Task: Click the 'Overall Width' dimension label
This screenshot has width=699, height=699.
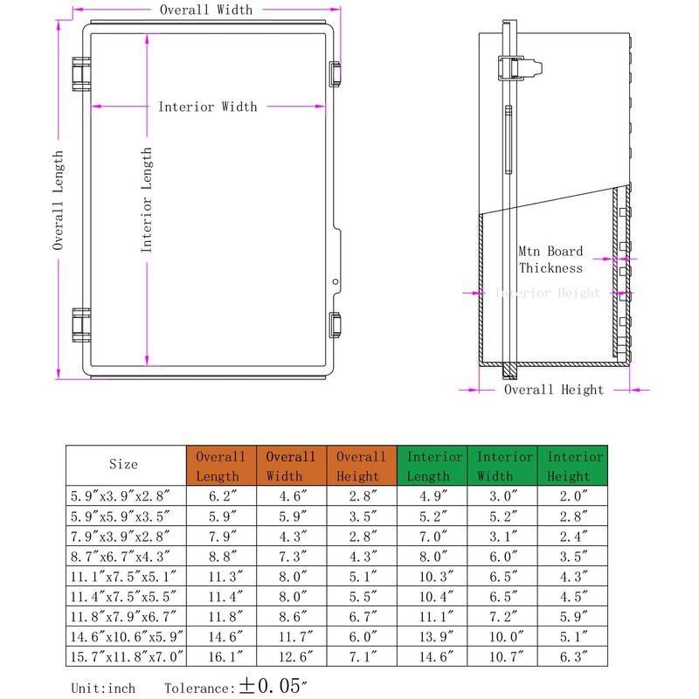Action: [x=205, y=10]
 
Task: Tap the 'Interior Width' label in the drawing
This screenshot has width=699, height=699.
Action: [x=207, y=107]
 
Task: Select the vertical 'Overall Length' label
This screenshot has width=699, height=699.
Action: [x=59, y=200]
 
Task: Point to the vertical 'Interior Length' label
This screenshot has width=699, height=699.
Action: [x=147, y=200]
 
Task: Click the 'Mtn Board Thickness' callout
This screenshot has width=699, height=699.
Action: [x=550, y=260]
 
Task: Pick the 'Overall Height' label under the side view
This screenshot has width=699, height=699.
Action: [x=553, y=390]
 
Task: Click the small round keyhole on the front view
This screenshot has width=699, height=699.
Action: [x=336, y=282]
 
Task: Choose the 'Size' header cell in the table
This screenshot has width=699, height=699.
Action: [x=123, y=465]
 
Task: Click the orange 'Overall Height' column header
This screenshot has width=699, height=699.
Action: [x=361, y=466]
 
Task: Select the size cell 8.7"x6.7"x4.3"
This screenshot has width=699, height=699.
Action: [x=123, y=555]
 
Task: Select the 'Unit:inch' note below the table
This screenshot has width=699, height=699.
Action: [x=103, y=689]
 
